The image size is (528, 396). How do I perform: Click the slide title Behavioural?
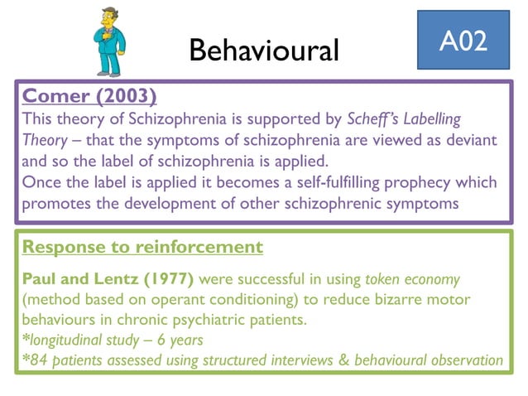pyautogui.click(x=264, y=51)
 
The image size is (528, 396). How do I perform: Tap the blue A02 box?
pyautogui.click(x=462, y=41)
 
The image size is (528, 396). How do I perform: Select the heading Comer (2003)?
pyautogui.click(x=89, y=95)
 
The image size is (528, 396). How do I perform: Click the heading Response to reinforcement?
pyautogui.click(x=142, y=247)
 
